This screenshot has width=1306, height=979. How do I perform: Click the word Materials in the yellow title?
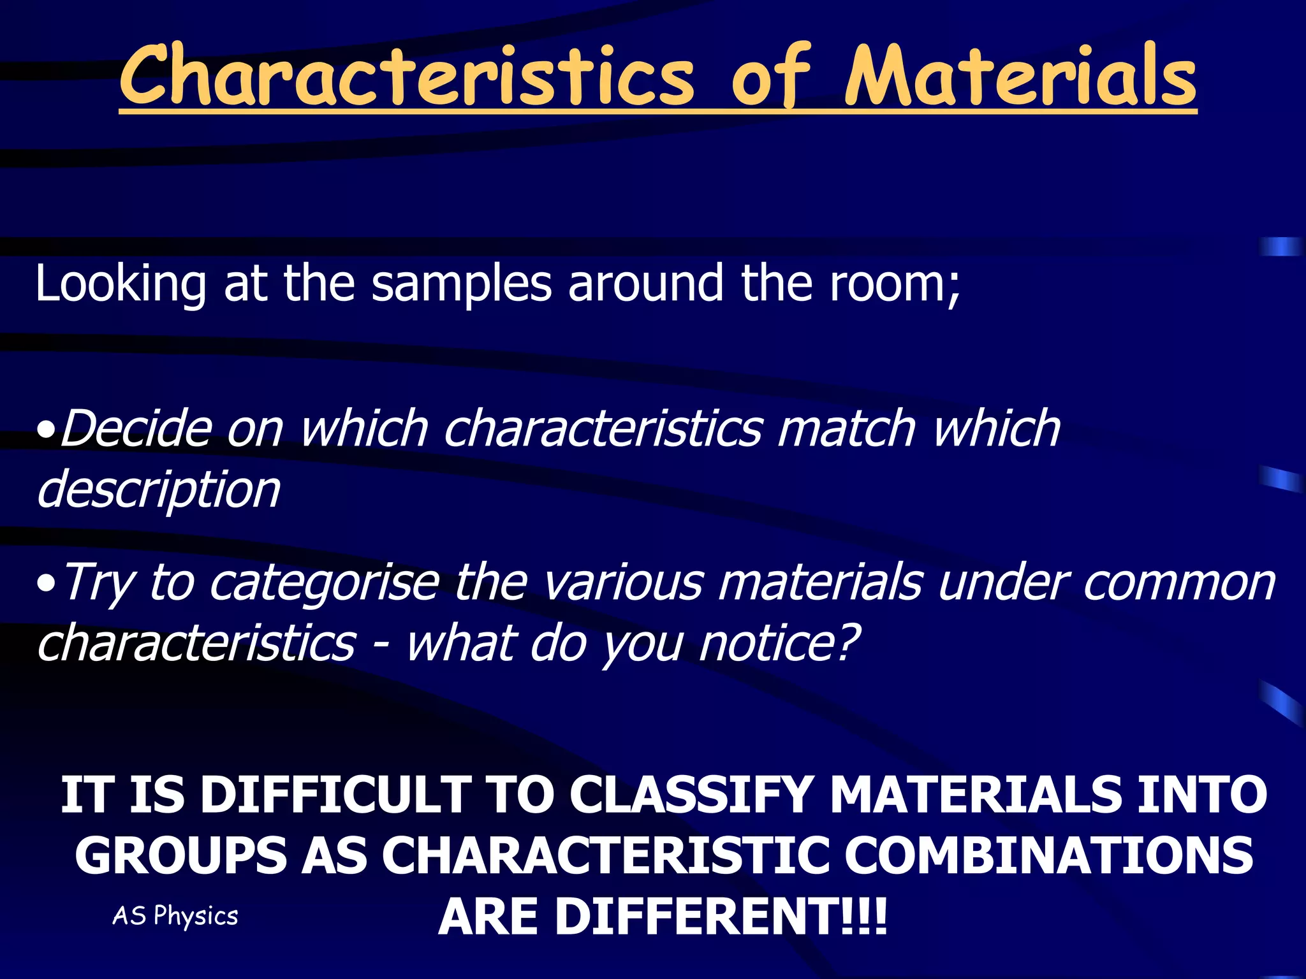point(1020,76)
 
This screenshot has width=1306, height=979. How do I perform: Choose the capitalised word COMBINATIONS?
point(1049,856)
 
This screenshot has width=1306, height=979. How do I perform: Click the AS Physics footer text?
point(175,916)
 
